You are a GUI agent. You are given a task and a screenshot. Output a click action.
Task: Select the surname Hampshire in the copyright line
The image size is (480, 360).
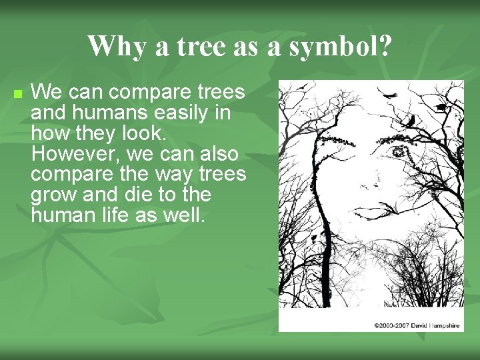448,325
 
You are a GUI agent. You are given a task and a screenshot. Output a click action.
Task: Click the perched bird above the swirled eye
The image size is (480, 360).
411,121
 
